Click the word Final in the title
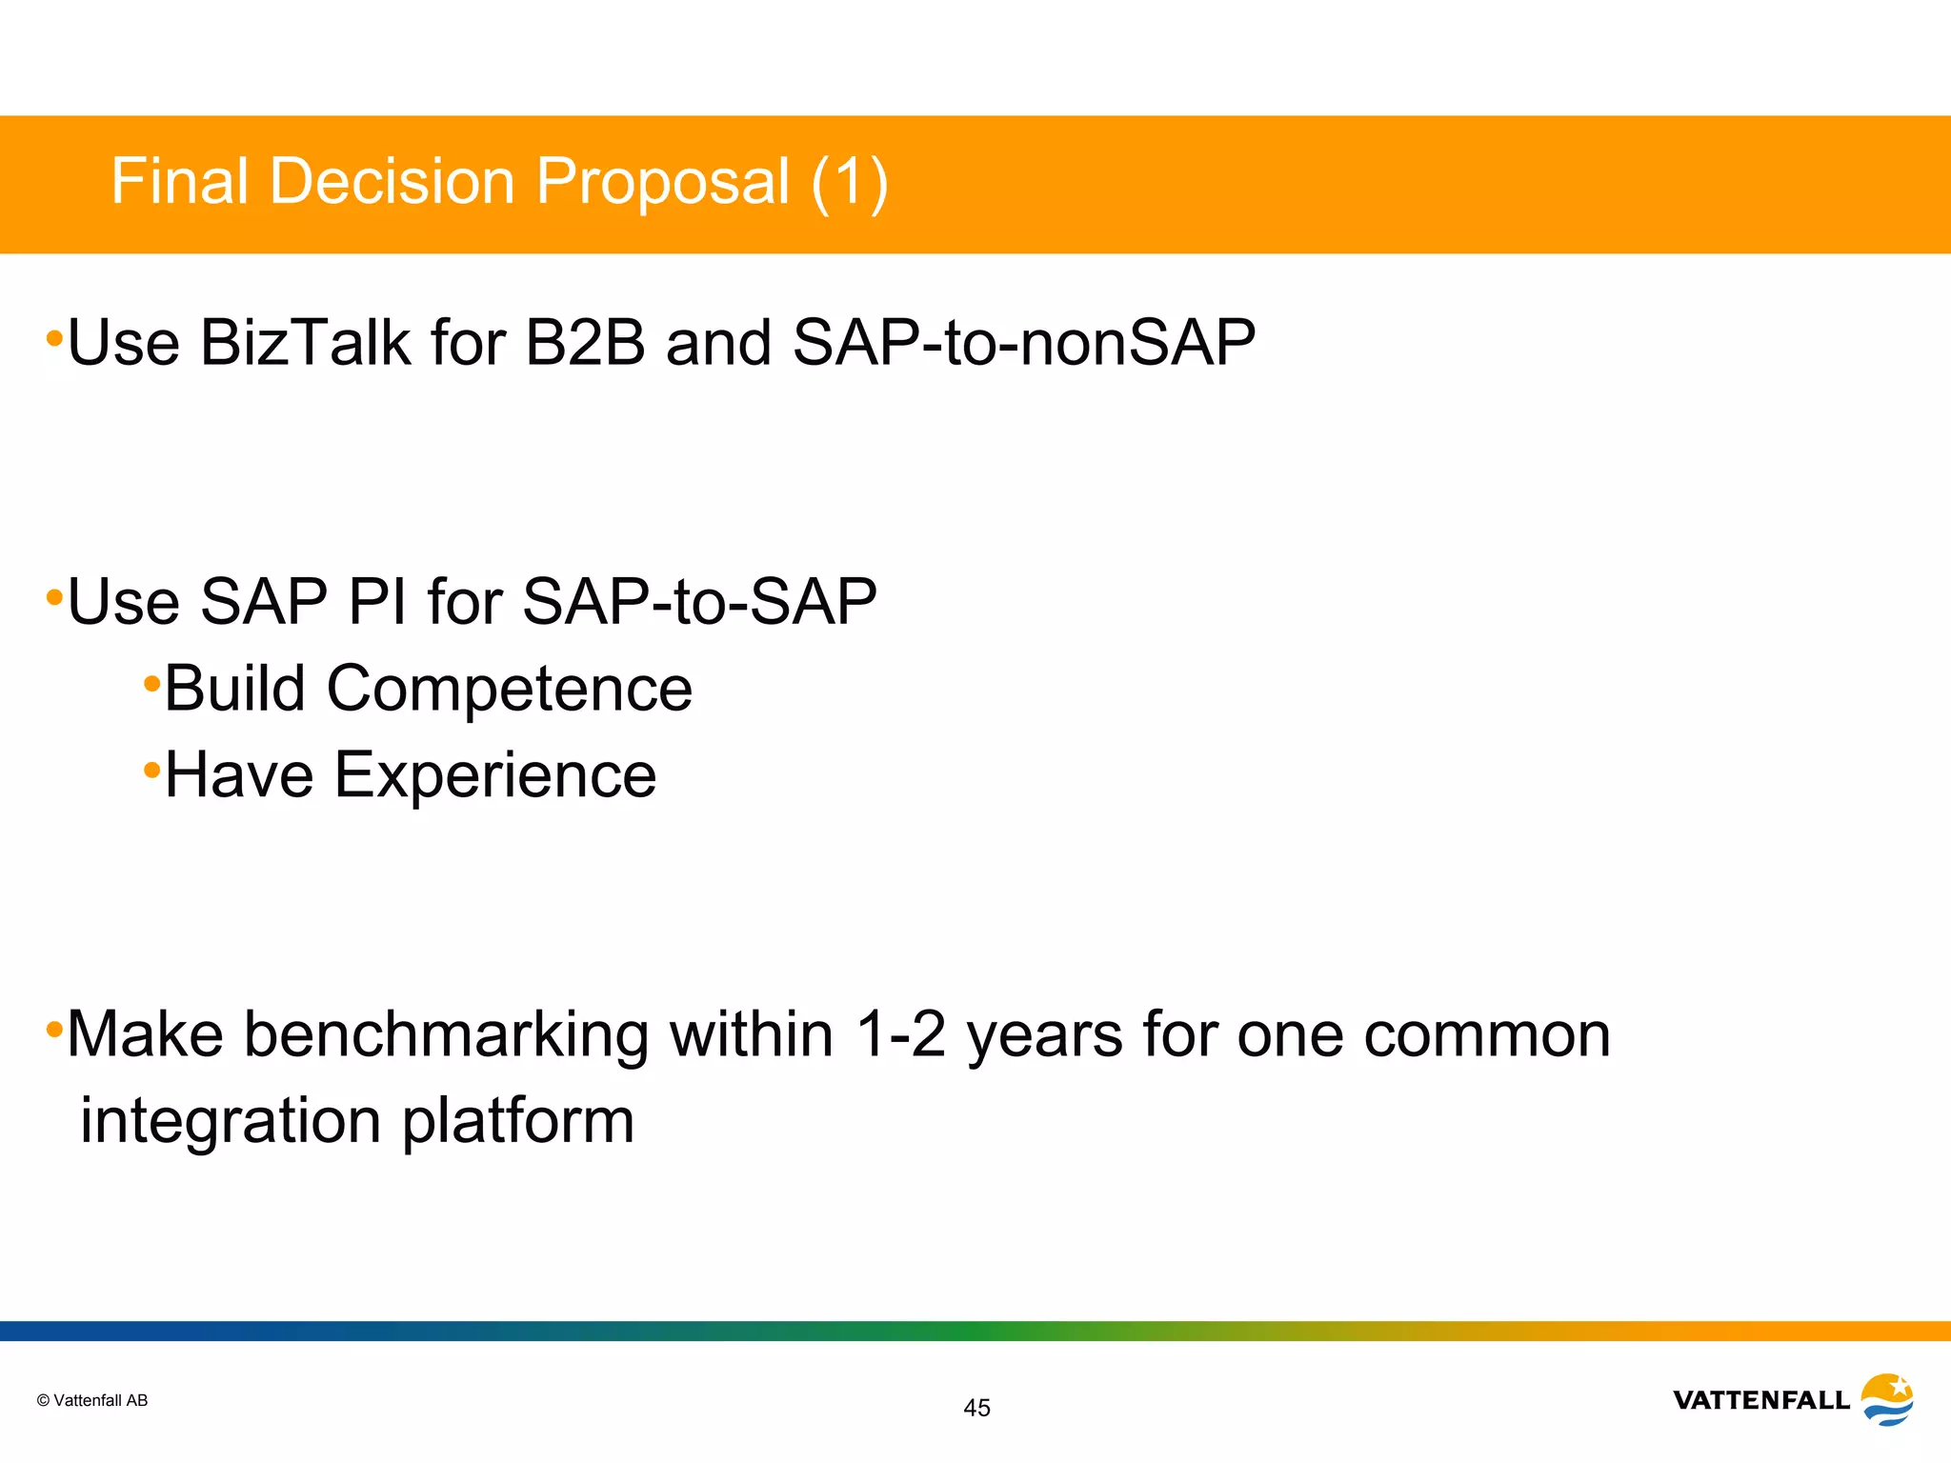tap(180, 181)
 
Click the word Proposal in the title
tap(662, 181)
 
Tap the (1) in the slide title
tap(850, 181)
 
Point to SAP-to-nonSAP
tap(1024, 343)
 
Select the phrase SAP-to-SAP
tap(699, 602)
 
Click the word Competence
tap(510, 690)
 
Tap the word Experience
tap(495, 775)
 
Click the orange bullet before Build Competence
tap(151, 683)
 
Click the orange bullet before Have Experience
tap(151, 769)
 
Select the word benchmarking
tap(446, 1034)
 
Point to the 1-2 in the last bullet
tap(900, 1034)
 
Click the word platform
tap(517, 1122)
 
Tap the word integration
tap(231, 1122)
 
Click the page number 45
tap(976, 1408)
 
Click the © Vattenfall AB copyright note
tap(92, 1400)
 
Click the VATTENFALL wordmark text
tap(1760, 1400)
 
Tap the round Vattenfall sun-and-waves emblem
tap(1887, 1399)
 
